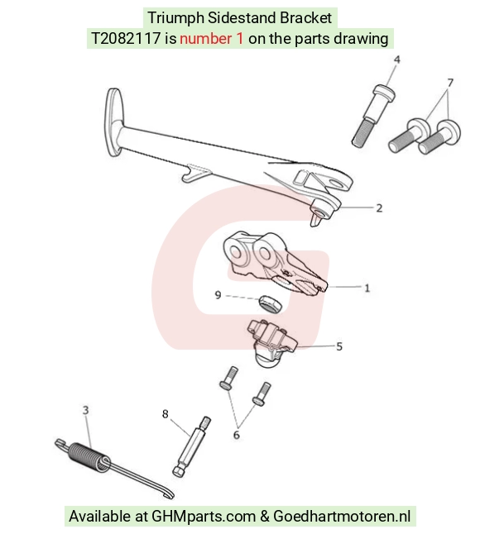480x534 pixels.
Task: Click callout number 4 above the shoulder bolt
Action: [x=396, y=60]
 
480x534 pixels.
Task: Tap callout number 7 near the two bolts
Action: [x=450, y=83]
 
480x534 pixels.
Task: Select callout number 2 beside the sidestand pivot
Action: [x=379, y=208]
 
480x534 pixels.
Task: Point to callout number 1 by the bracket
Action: [x=367, y=288]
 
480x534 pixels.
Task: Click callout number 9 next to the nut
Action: [x=218, y=295]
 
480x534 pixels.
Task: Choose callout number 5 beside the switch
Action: [x=339, y=346]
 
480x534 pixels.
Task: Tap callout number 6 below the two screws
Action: [x=236, y=435]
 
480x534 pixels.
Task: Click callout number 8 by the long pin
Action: [x=166, y=414]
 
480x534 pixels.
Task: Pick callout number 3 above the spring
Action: [x=85, y=410]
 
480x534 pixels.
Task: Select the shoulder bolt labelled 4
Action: [x=372, y=115]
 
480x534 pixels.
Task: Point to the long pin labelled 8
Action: [x=192, y=446]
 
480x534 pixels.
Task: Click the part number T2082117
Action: [x=126, y=39]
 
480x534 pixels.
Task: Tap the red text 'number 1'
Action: [x=212, y=39]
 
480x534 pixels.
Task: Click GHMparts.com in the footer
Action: [x=204, y=517]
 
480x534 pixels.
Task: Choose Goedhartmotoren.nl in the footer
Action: [x=342, y=517]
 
